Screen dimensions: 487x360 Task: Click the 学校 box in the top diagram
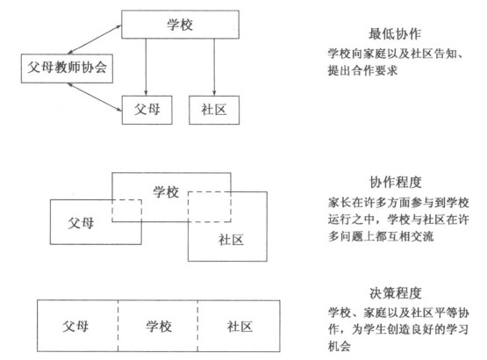(x=180, y=25)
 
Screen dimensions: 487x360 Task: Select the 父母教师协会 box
(x=67, y=68)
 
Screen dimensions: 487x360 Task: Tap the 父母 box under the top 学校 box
(x=147, y=110)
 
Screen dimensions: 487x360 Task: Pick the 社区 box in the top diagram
(x=214, y=110)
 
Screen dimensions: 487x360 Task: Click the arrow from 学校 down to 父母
(x=146, y=67)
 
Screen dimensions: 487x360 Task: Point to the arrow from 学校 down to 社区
(x=214, y=67)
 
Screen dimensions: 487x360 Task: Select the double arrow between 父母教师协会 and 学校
(x=95, y=40)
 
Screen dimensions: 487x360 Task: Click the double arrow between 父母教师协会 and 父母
(x=95, y=97)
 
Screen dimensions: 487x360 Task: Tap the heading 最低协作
(x=395, y=34)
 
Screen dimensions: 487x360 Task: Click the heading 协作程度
(x=396, y=182)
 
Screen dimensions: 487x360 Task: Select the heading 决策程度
(x=396, y=293)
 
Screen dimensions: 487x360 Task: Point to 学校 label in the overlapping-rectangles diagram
(x=166, y=191)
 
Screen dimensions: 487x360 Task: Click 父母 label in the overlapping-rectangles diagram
(x=81, y=223)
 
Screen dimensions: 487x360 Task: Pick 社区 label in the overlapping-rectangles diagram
(x=231, y=240)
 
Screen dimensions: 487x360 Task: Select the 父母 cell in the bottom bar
(x=77, y=326)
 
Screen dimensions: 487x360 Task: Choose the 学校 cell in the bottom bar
(x=158, y=326)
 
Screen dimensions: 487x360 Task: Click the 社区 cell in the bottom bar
(x=239, y=326)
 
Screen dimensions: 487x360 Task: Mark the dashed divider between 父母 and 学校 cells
(x=118, y=326)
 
